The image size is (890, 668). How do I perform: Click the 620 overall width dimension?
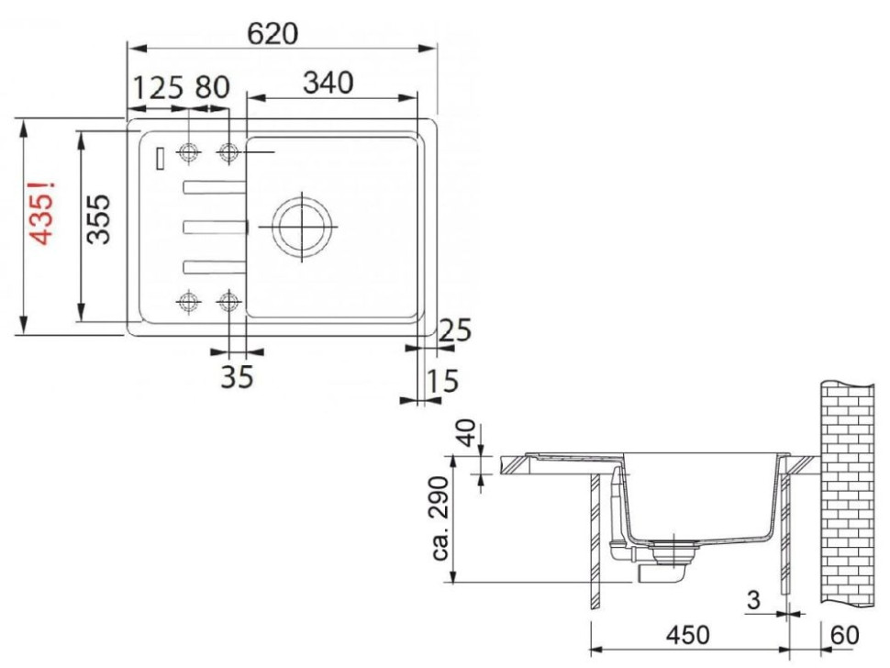(273, 33)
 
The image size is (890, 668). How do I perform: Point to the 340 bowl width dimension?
(328, 83)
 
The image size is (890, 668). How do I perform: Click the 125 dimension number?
(159, 87)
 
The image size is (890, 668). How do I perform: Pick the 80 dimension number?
(212, 87)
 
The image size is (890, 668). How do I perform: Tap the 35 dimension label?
(237, 376)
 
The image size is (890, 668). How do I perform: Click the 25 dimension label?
(455, 330)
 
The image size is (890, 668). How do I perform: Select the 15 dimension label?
(441, 381)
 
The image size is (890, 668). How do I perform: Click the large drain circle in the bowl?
(301, 227)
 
